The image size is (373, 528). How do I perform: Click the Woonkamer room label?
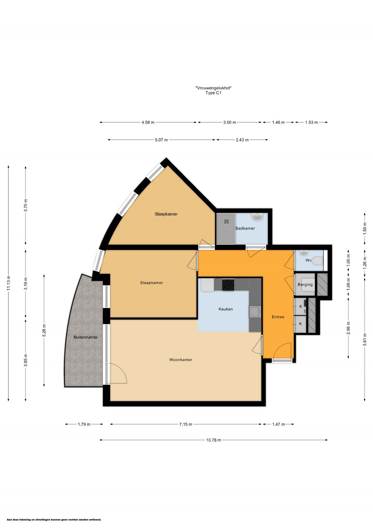tap(181, 360)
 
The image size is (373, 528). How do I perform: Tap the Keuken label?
tap(226, 309)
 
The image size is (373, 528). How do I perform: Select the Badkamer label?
tap(245, 228)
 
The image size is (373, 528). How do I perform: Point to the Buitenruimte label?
tap(85, 337)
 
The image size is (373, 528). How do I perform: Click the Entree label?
tap(278, 317)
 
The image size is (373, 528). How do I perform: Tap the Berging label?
tap(305, 285)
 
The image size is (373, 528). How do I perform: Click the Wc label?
tap(308, 260)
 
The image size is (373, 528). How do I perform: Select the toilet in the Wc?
tap(317, 261)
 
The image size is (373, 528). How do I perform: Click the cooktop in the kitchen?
tap(228, 285)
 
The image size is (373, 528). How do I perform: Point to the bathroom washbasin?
tap(258, 217)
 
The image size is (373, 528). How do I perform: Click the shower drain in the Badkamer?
tap(226, 222)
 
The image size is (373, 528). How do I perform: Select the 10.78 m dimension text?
tap(214, 440)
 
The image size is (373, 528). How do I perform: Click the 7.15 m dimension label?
tap(186, 424)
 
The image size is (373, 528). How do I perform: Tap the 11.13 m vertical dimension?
tap(8, 283)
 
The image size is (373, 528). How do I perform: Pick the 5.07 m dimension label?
tap(161, 140)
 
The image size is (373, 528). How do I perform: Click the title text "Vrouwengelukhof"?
tap(214, 88)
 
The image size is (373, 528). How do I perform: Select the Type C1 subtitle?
tap(214, 93)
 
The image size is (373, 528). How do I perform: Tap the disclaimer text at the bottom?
tap(54, 520)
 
